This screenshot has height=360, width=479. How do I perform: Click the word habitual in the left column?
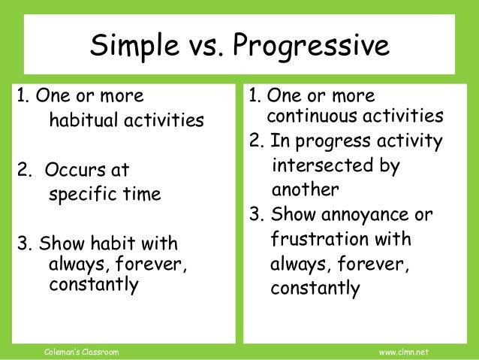click(84, 120)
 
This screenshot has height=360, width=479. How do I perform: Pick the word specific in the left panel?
click(80, 195)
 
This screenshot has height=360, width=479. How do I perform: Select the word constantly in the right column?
click(315, 289)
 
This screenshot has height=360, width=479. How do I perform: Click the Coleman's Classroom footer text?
click(78, 352)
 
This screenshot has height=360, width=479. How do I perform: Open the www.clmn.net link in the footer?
click(403, 352)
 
